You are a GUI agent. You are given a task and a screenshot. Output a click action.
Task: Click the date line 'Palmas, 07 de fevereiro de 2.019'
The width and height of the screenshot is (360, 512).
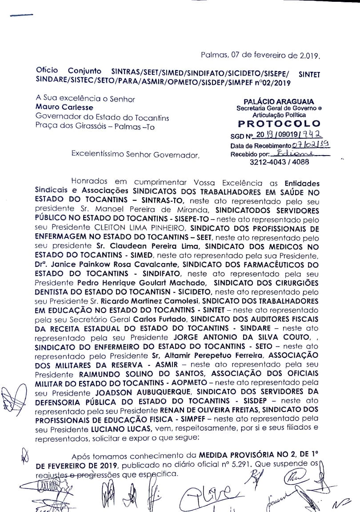point(260,56)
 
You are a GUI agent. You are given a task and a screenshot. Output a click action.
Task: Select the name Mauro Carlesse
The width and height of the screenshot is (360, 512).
point(64,107)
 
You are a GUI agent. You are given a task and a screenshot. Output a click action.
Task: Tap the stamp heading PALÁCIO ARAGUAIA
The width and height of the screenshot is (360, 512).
point(279,102)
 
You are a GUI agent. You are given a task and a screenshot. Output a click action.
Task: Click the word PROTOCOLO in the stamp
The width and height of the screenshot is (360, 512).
point(279,123)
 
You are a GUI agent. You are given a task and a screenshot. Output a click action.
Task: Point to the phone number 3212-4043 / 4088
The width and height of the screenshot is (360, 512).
point(279,162)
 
